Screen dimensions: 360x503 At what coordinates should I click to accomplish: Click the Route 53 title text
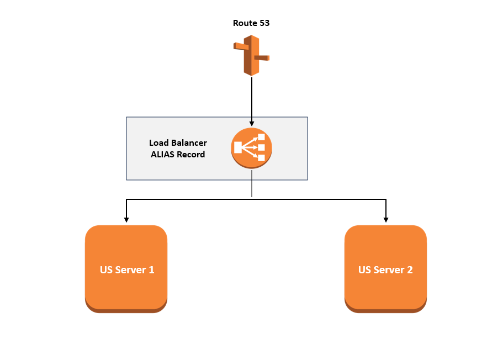pyautogui.click(x=251, y=23)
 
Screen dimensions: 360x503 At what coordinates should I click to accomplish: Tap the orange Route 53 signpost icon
pyautogui.click(x=251, y=55)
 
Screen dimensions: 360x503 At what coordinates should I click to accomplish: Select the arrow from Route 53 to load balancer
pyautogui.click(x=252, y=99)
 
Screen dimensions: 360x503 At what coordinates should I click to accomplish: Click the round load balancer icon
pyautogui.click(x=252, y=147)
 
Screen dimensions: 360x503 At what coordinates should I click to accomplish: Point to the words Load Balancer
pyautogui.click(x=178, y=143)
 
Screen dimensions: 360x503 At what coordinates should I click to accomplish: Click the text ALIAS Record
pyautogui.click(x=178, y=155)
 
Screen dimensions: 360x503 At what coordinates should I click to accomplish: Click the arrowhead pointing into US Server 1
pyautogui.click(x=126, y=219)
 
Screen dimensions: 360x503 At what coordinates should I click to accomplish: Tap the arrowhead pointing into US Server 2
pyautogui.click(x=385, y=219)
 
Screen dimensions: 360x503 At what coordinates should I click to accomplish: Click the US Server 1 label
pyautogui.click(x=127, y=270)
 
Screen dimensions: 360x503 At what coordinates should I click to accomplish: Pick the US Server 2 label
pyautogui.click(x=385, y=270)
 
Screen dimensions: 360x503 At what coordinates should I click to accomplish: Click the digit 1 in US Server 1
pyautogui.click(x=151, y=270)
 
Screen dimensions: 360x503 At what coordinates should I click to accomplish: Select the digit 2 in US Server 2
pyautogui.click(x=410, y=270)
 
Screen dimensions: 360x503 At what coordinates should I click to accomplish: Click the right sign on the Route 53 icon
pyautogui.click(x=261, y=57)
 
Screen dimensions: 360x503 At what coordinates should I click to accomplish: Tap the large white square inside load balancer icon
pyautogui.click(x=238, y=147)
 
